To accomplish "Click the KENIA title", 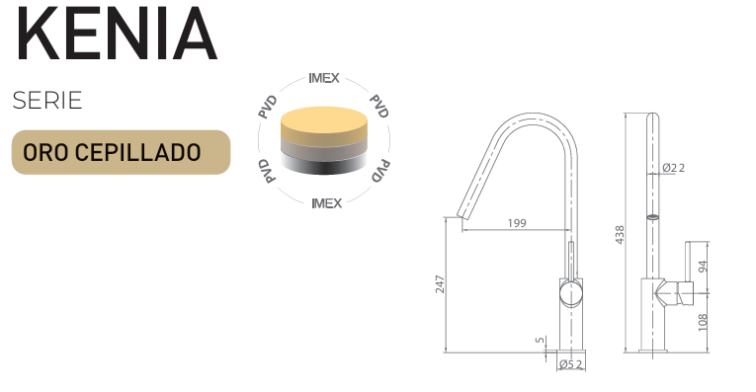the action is click(x=117, y=33).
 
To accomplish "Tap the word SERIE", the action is click(x=47, y=101).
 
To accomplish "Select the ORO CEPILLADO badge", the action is click(x=121, y=152).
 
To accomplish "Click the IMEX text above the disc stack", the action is click(x=324, y=78).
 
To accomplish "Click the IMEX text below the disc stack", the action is click(x=326, y=203).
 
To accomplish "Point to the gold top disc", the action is click(x=324, y=124).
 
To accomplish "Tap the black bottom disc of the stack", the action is click(x=324, y=165).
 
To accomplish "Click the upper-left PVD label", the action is click(x=268, y=107).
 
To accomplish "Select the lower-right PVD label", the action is click(x=380, y=171).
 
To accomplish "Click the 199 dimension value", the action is click(x=517, y=223).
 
